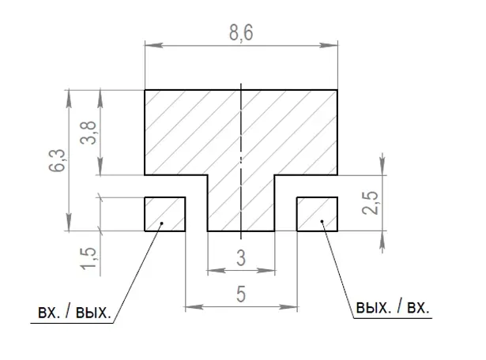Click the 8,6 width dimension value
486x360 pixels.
pyautogui.click(x=241, y=32)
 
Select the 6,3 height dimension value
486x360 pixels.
pyautogui.click(x=57, y=160)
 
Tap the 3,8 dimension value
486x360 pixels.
pyautogui.click(x=89, y=133)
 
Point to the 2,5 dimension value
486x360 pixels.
pyautogui.click(x=370, y=203)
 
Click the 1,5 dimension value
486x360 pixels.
pyautogui.click(x=89, y=258)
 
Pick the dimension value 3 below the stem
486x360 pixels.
pyautogui.click(x=241, y=258)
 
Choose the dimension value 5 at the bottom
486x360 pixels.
pyautogui.click(x=241, y=294)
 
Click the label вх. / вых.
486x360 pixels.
pyautogui.click(x=74, y=312)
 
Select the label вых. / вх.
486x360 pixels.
pyautogui.click(x=393, y=307)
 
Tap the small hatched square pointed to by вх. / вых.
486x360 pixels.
pyautogui.click(x=165, y=214)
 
